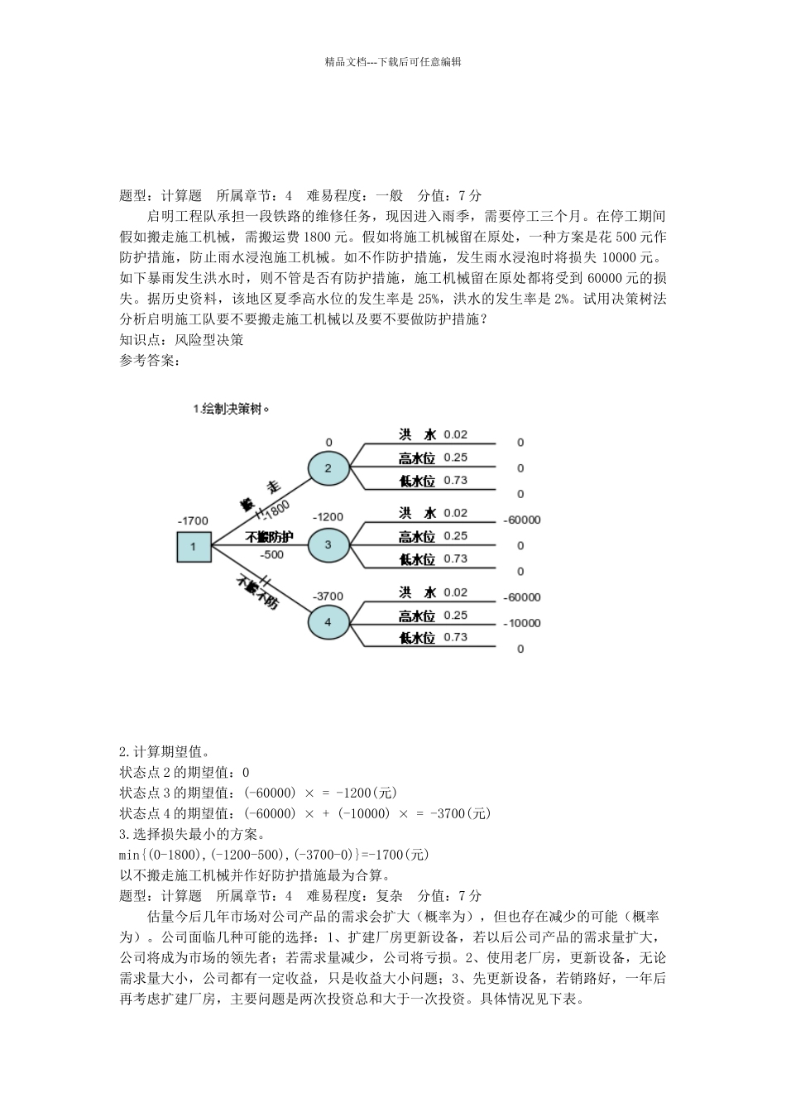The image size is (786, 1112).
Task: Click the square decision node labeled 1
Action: (194, 546)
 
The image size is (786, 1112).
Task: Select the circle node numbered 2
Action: (328, 468)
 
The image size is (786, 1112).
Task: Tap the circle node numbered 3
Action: (328, 544)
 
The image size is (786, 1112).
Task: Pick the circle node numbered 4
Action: (328, 622)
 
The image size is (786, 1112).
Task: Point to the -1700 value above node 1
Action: (193, 520)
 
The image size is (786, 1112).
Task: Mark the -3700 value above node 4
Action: (328, 595)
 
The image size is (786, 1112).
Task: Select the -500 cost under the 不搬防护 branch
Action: (271, 554)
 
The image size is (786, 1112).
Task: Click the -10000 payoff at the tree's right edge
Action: (521, 623)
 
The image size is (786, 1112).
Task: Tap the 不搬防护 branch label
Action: (269, 537)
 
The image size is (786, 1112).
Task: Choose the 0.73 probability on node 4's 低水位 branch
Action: (455, 637)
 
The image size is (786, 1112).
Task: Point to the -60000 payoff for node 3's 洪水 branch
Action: (521, 520)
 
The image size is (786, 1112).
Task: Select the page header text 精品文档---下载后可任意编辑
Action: (393, 61)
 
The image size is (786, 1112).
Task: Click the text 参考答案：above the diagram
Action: (150, 360)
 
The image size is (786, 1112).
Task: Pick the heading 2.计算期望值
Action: (164, 752)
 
